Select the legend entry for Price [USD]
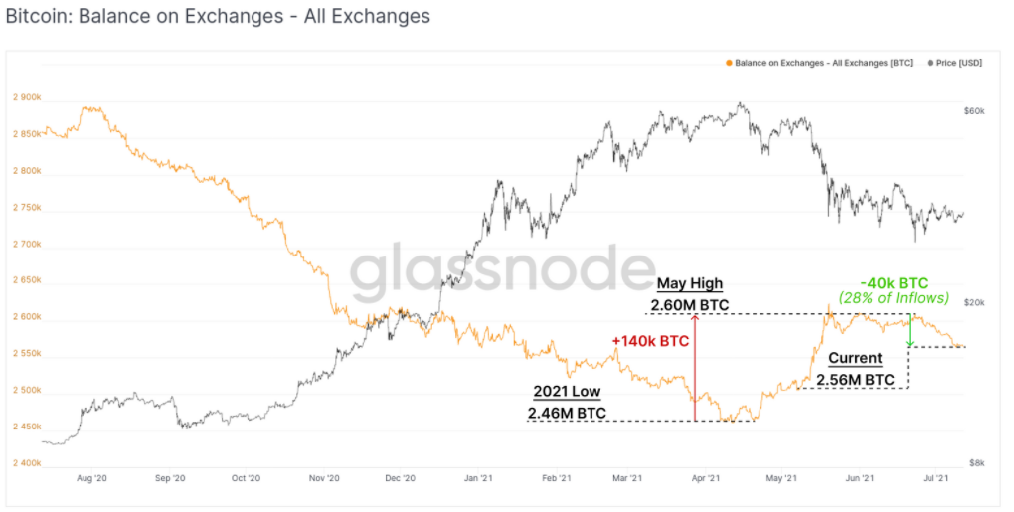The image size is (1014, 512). pyautogui.click(x=955, y=63)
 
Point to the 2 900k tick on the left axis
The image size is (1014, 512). pyautogui.click(x=27, y=97)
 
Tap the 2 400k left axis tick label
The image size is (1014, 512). pyautogui.click(x=27, y=463)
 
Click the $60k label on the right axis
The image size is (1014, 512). pyautogui.click(x=974, y=111)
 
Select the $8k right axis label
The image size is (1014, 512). pyautogui.click(x=976, y=463)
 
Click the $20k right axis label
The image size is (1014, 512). pyautogui.click(x=974, y=302)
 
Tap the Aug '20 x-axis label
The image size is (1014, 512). pyautogui.click(x=91, y=479)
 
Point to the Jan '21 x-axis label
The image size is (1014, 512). pyautogui.click(x=480, y=479)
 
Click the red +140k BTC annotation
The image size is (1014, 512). pyautogui.click(x=651, y=341)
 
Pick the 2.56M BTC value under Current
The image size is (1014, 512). pyautogui.click(x=855, y=379)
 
